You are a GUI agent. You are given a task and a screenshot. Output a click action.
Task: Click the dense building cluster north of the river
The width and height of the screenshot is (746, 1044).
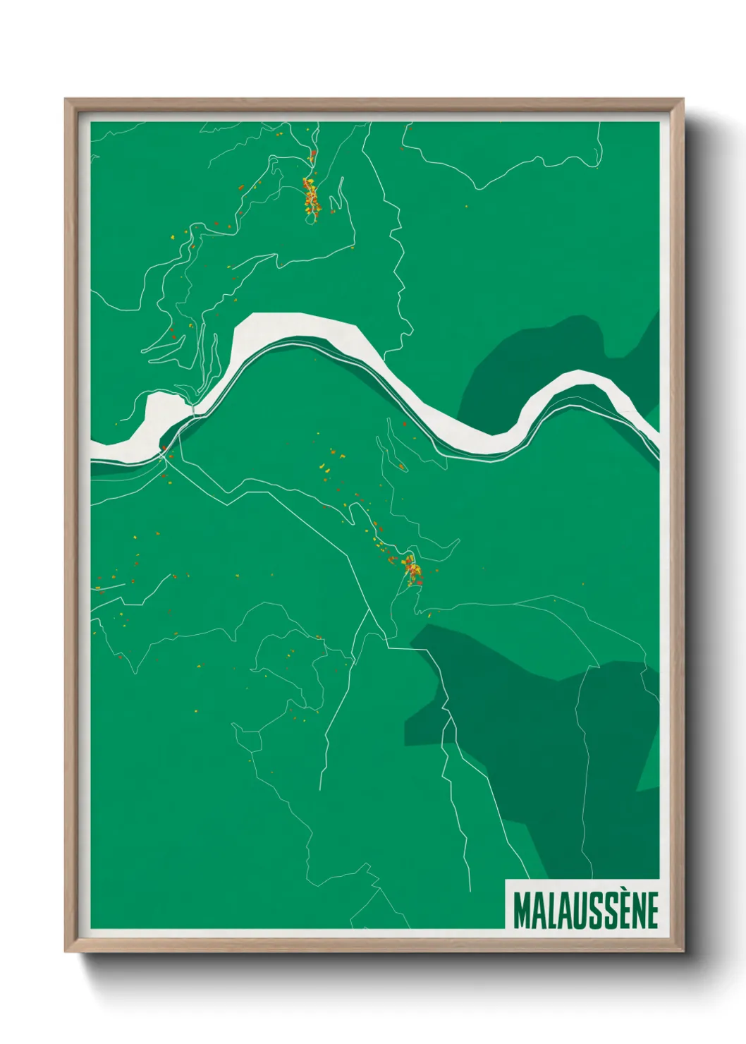[x=310, y=197]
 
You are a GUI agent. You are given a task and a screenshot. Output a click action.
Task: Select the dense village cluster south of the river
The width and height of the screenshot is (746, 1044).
[x=412, y=570]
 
